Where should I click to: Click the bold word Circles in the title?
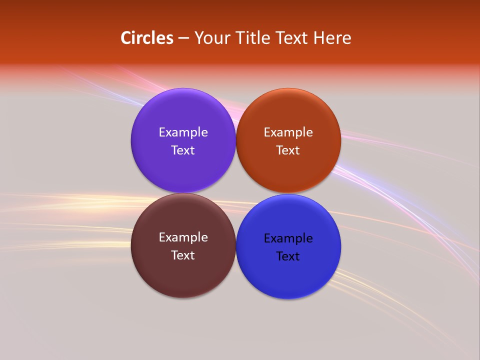[x=146, y=38]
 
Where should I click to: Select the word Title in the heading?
[x=253, y=38]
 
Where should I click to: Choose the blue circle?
[x=288, y=280]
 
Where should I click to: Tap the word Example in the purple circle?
[x=183, y=132]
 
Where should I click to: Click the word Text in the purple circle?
[x=183, y=150]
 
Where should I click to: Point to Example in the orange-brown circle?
[x=288, y=132]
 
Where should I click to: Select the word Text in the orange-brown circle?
[x=288, y=150]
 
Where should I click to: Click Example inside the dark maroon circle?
[x=183, y=237]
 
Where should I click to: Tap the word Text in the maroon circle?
[x=183, y=255]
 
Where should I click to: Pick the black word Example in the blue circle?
[x=288, y=238]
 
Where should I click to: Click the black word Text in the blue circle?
[x=288, y=256]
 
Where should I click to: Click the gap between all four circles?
[x=236, y=193]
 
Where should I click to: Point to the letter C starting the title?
[x=125, y=38]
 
